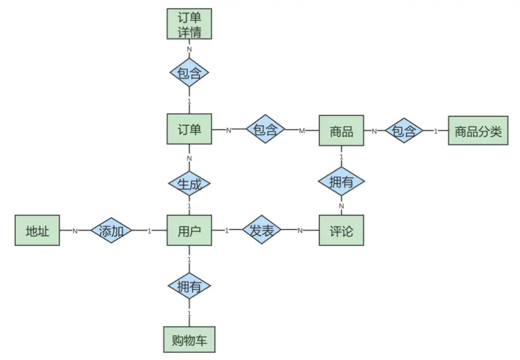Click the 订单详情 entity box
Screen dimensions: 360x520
pyautogui.click(x=189, y=24)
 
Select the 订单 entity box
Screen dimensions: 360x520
pyautogui.click(x=189, y=130)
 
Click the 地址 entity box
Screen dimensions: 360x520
pyautogui.click(x=37, y=231)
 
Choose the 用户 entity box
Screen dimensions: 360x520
pyautogui.click(x=189, y=231)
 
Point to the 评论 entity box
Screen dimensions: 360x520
pyautogui.click(x=341, y=231)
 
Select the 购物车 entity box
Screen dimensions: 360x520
pyautogui.click(x=189, y=339)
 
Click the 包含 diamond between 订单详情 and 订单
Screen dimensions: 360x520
pyautogui.click(x=189, y=73)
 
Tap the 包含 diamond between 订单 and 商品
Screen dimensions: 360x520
pyautogui.click(x=265, y=130)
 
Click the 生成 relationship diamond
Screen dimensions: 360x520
pyautogui.click(x=189, y=185)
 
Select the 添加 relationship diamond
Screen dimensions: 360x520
pyautogui.click(x=112, y=231)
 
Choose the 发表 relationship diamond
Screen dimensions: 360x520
pyautogui.click(x=262, y=231)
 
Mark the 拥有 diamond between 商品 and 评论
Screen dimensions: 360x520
pyautogui.click(x=341, y=182)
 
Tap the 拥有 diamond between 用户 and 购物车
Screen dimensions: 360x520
pyautogui.click(x=189, y=286)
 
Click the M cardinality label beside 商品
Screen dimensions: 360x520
pyautogui.click(x=301, y=131)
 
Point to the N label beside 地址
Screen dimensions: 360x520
pyautogui.click(x=74, y=231)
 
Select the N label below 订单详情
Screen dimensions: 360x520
pyautogui.click(x=189, y=50)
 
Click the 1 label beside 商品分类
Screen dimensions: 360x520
pyautogui.click(x=436, y=131)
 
